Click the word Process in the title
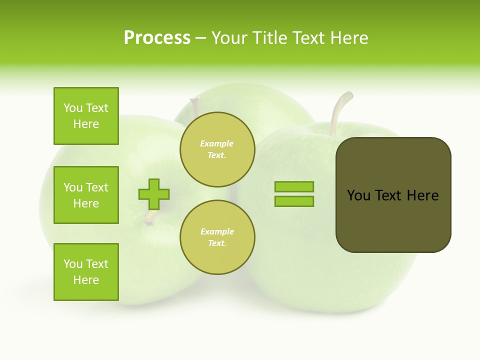pos(157,38)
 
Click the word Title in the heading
pos(268,38)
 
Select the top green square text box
pos(86,116)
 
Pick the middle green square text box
pos(86,195)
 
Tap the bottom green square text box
pos(86,272)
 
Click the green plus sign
pos(154,194)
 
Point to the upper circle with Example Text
pos(217,149)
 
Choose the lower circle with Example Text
pos(217,237)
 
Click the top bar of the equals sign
pos(294,187)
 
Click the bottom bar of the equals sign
pos(294,201)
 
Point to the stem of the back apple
pos(195,105)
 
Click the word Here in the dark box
pos(422,195)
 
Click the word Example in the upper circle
pos(217,143)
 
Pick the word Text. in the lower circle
pos(217,243)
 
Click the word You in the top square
pos(73,108)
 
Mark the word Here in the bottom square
pos(86,280)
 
